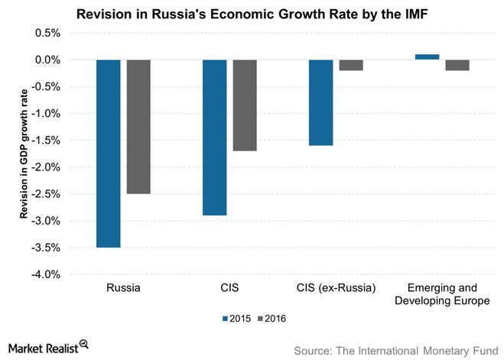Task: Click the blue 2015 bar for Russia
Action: (108, 153)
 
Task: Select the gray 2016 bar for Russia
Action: (138, 126)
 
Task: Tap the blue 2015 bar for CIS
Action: (214, 137)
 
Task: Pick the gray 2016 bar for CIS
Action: (245, 105)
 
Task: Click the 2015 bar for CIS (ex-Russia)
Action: (320, 102)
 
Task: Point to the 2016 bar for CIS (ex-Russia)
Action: (351, 65)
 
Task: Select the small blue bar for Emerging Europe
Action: (427, 57)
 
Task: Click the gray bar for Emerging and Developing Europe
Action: (457, 65)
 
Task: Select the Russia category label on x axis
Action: (124, 288)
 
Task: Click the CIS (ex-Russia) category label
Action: (336, 288)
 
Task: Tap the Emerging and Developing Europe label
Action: (442, 294)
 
